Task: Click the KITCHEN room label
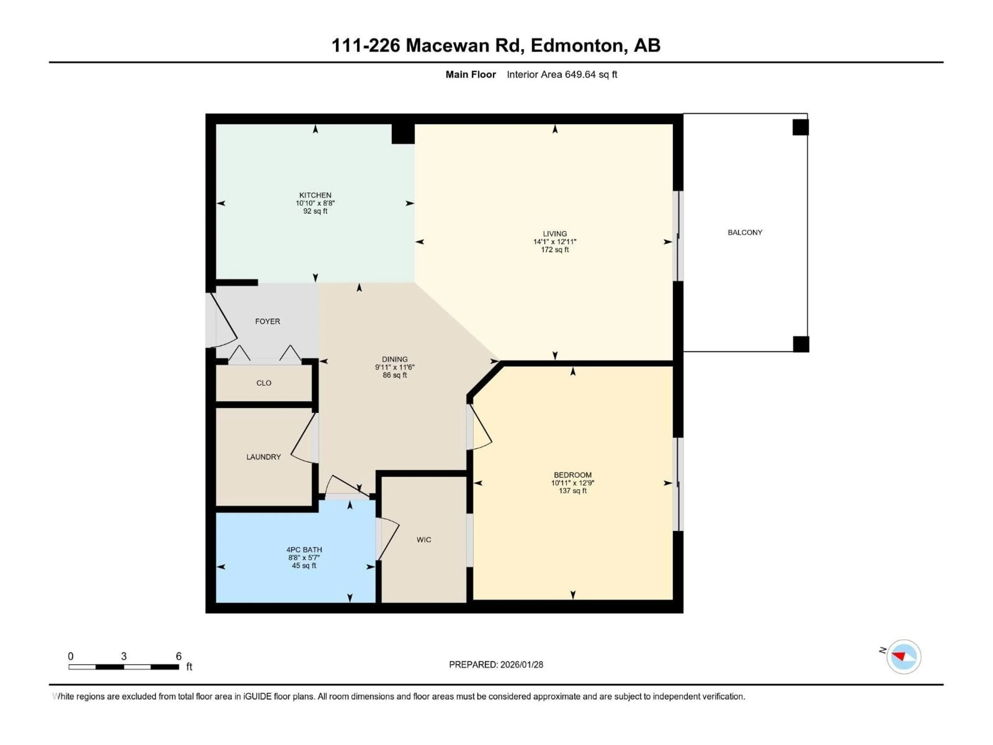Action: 315,195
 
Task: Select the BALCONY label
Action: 745,232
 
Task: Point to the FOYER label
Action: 268,321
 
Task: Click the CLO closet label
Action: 264,383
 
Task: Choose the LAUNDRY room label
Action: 264,457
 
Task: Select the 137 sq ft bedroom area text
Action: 572,491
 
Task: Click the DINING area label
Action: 395,359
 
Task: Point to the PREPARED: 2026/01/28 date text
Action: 496,665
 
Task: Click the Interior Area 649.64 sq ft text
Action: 562,74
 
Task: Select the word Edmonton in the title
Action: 576,45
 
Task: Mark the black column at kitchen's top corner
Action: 403,134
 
